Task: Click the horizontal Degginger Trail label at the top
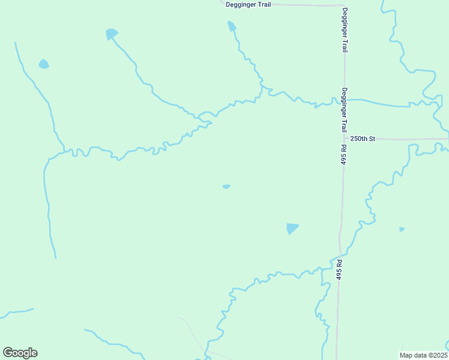[248, 4]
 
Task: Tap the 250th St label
[363, 139]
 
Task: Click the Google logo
[20, 353]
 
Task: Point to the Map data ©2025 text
[423, 355]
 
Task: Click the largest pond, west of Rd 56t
[292, 228]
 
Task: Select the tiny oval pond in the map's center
[226, 187]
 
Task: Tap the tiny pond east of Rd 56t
[402, 229]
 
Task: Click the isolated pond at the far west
[43, 64]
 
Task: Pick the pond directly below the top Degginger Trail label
[232, 26]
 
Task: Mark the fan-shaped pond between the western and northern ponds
[111, 34]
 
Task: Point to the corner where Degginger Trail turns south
[342, 6]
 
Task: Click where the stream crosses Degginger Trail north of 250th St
[344, 100]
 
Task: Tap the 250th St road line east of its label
[414, 139]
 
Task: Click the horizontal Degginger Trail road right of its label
[306, 5]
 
